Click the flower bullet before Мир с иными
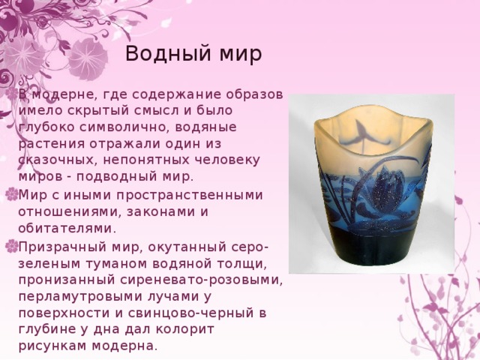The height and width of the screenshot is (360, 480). [x=10, y=195]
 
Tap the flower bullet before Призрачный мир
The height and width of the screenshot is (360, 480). [x=10, y=246]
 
